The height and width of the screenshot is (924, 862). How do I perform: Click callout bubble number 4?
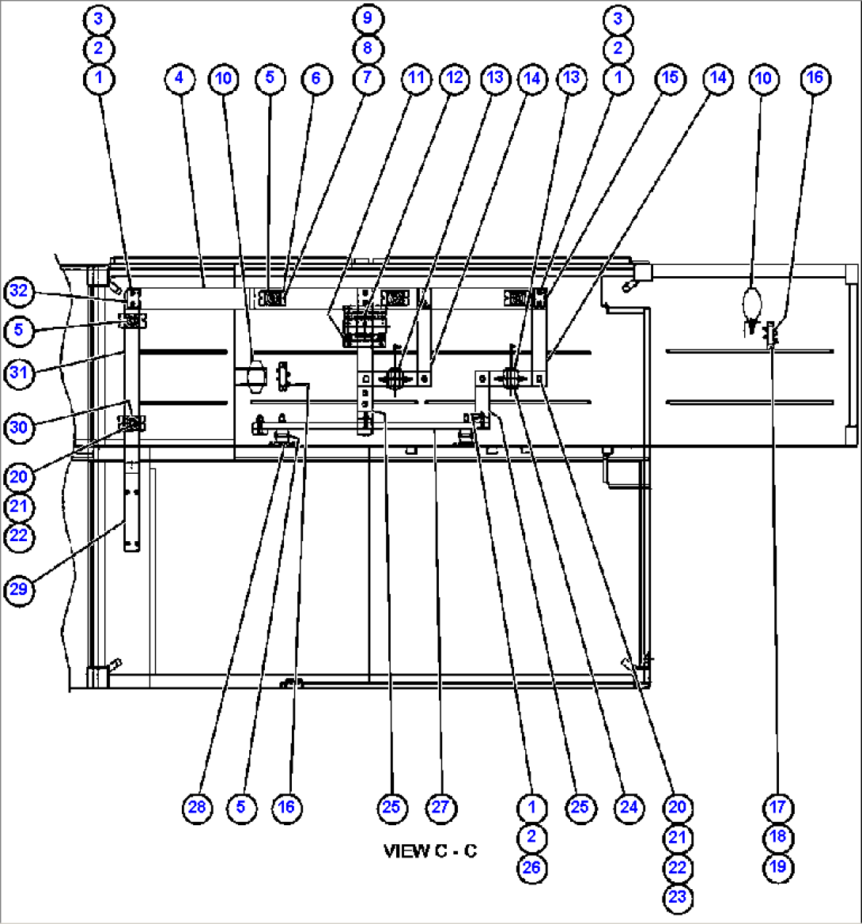(180, 78)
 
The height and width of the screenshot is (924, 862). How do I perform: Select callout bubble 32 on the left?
(20, 291)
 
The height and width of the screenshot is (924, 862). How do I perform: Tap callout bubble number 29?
(19, 590)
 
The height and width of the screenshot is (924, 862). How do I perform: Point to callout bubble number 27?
(441, 807)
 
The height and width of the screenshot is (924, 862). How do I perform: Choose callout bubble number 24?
(629, 807)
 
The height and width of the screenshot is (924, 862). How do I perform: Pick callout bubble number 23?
(678, 897)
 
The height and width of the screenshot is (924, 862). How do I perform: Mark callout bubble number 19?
(778, 867)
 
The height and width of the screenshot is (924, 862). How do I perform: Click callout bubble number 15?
(670, 78)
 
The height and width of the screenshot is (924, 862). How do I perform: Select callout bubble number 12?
(454, 78)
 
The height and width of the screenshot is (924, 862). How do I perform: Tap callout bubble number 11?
(416, 78)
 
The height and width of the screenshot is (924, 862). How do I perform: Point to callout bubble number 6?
(316, 78)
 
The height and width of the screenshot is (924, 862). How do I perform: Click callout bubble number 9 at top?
(369, 17)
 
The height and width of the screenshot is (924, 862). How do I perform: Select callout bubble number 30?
(20, 426)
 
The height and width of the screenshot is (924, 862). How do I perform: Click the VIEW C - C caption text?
(429, 851)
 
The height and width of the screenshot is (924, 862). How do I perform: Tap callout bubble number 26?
(531, 867)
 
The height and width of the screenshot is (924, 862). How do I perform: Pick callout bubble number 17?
(778, 807)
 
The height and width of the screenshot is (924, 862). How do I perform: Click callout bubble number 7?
(369, 78)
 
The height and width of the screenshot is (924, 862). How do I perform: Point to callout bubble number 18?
(778, 837)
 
